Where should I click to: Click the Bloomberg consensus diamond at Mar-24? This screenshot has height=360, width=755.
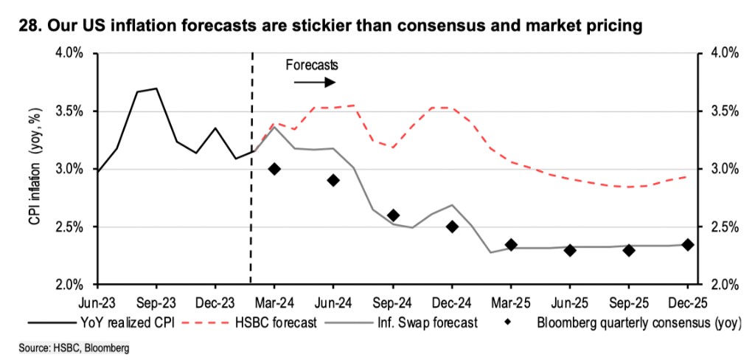click(274, 169)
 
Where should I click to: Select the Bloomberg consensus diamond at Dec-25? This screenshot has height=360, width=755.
click(688, 245)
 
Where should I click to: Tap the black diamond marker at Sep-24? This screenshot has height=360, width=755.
click(393, 215)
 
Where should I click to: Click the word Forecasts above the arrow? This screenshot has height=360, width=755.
click(310, 66)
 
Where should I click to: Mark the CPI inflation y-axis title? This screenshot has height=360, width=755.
click(35, 169)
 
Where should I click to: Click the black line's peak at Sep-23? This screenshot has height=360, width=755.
click(156, 89)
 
